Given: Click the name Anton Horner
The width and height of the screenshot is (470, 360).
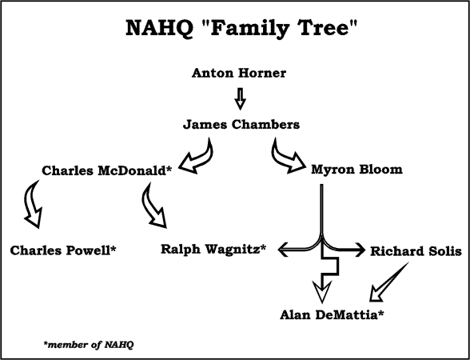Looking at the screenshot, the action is pos(239,73).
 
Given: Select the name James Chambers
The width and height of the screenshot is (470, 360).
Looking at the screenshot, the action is pos(241,125).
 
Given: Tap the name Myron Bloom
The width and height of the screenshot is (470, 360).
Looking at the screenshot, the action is pos(356,170).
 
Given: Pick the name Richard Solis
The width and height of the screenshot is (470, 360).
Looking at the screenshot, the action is pos(416,251).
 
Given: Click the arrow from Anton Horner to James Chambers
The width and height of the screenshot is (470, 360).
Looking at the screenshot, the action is pos(240,98).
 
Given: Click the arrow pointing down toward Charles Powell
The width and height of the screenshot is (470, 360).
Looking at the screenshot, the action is pos(31,204).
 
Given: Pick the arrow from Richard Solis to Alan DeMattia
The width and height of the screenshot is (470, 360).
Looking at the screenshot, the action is pos(389,282).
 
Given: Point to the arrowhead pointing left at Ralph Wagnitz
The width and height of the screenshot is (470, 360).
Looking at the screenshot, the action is pos(284,250).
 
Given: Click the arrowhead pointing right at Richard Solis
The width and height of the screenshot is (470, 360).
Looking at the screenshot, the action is pos(360,250).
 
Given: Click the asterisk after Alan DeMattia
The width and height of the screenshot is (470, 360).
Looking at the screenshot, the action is pos(380,313).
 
